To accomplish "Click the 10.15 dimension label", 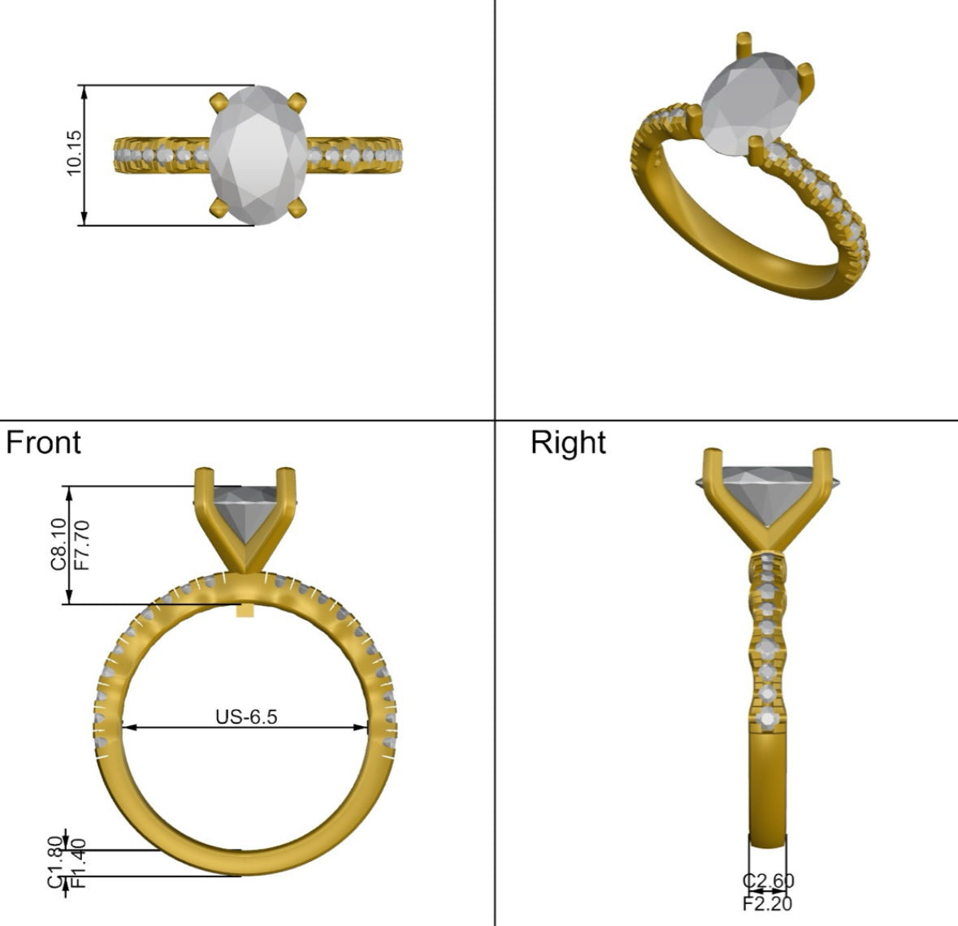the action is [74, 153].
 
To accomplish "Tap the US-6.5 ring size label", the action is [246, 716].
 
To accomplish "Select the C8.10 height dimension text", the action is [59, 543].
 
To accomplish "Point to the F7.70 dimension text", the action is [81, 545].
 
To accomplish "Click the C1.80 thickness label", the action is [55, 862].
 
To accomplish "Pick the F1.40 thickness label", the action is [78, 863].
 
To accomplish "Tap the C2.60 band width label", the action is [768, 881].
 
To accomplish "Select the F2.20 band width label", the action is [767, 903].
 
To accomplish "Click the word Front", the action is [43, 442].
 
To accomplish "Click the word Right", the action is [568, 442].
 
